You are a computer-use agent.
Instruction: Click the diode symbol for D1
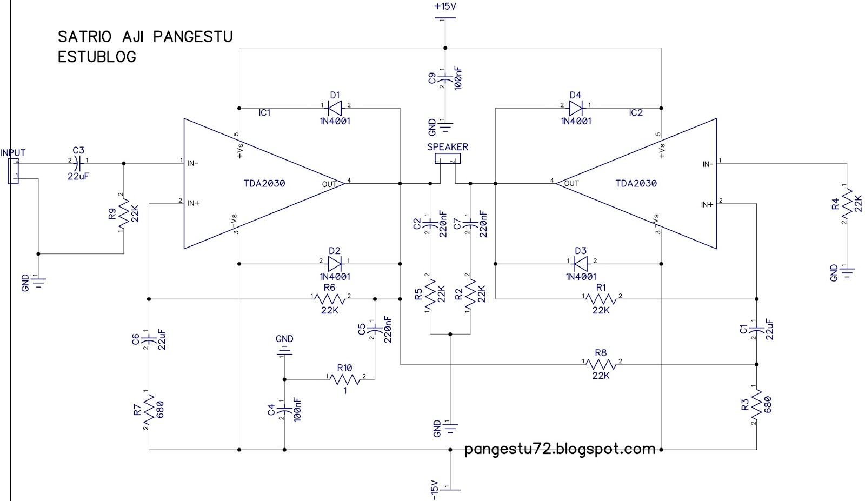335,106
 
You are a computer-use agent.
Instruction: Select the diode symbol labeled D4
575,106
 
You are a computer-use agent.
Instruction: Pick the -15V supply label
433,490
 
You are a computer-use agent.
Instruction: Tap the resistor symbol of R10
344,378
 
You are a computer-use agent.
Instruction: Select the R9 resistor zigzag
124,213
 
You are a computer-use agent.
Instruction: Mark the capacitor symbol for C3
79,161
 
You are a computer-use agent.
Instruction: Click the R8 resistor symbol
601,364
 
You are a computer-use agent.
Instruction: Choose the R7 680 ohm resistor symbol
149,409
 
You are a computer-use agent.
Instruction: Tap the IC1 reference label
264,113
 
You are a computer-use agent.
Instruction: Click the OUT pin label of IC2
571,183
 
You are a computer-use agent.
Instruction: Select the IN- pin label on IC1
193,162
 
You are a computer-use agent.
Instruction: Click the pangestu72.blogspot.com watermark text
560,449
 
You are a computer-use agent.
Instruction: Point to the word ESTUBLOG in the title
97,57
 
